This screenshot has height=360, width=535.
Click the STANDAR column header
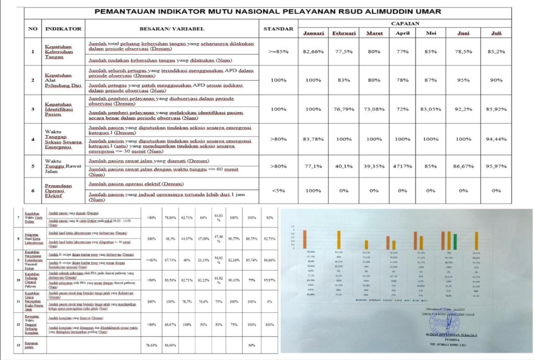click(278, 29)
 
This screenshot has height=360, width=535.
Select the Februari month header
click(344, 33)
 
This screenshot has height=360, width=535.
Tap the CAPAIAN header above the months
click(405, 23)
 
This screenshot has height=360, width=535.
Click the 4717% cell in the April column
click(402, 166)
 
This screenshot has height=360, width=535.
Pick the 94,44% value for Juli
click(496, 139)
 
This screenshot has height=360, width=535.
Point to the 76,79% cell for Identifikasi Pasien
click(344, 109)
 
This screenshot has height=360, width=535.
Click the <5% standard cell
click(278, 191)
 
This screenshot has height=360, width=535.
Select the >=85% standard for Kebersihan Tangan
click(278, 51)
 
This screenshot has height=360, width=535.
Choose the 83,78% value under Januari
click(313, 139)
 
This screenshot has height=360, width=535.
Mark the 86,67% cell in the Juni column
click(463, 166)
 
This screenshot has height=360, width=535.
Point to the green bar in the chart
click(455, 241)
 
